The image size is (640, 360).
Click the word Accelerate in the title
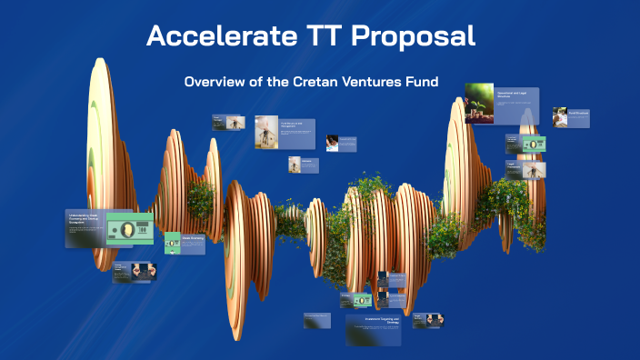tap(207, 36)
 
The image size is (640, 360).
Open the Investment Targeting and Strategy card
tap(374, 330)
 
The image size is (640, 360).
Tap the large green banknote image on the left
tap(129, 230)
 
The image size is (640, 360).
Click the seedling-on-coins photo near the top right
tap(479, 103)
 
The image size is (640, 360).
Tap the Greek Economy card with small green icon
tap(185, 243)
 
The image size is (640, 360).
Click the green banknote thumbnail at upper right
tap(535, 145)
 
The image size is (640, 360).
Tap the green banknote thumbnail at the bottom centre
tap(363, 300)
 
